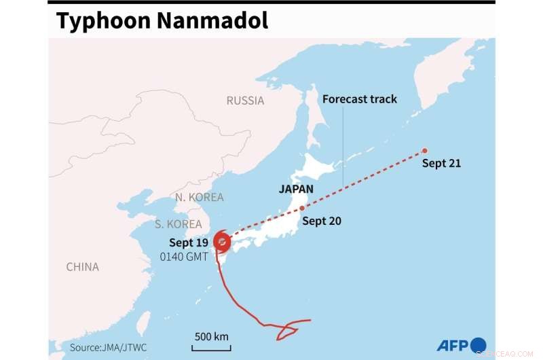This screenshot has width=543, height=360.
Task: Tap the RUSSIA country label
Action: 245,101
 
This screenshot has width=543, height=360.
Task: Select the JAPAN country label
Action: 296,189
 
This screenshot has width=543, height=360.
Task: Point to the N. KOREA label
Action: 199,197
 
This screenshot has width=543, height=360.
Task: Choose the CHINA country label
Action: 82,267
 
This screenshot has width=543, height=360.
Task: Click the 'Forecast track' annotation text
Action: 360,99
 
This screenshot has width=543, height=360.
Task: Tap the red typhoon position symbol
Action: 222,241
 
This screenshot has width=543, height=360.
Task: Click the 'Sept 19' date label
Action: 189,243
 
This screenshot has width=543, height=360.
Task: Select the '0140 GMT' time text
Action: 185,257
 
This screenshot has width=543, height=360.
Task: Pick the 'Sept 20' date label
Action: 322,221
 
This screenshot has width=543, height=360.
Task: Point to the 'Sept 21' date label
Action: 442,163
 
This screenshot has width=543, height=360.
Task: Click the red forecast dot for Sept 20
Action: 301,208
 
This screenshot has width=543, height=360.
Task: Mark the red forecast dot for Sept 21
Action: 424,151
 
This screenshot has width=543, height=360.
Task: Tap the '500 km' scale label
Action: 211,336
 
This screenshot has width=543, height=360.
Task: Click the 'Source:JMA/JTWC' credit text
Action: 107,347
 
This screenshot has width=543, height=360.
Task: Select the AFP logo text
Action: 450,344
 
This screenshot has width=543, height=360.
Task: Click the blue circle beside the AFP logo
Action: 479,344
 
